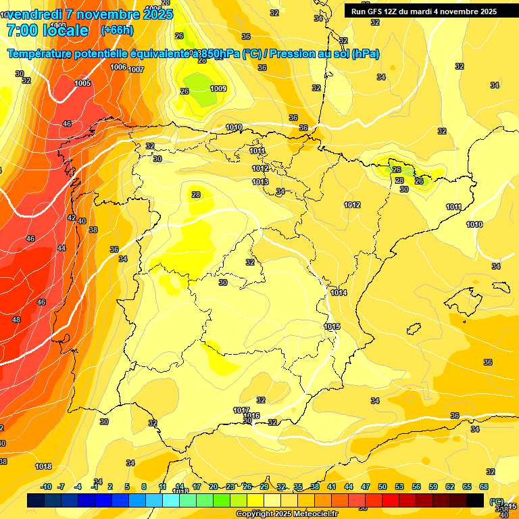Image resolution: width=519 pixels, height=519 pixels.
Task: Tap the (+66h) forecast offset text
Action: [x=116, y=30]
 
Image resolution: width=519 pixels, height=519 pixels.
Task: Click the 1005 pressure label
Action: [x=82, y=83]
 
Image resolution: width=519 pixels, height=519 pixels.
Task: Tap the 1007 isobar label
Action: [x=137, y=70]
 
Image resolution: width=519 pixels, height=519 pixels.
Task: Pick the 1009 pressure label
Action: [x=218, y=89]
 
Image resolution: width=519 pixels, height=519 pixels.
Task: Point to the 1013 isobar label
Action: [x=260, y=182]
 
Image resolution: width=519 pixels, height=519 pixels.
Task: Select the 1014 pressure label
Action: [x=339, y=293]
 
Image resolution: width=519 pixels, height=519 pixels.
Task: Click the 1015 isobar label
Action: [x=332, y=326]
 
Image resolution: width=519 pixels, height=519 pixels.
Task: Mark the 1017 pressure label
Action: [x=241, y=410]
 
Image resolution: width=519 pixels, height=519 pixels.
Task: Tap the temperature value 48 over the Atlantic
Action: [x=16, y=319]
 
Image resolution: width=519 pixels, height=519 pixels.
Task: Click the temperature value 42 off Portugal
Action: [x=72, y=218]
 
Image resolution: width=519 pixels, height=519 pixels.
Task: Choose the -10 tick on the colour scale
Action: [x=47, y=487]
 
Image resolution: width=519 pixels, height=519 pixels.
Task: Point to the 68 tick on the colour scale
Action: [x=484, y=487]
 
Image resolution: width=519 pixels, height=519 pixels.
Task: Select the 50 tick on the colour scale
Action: [x=382, y=487]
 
